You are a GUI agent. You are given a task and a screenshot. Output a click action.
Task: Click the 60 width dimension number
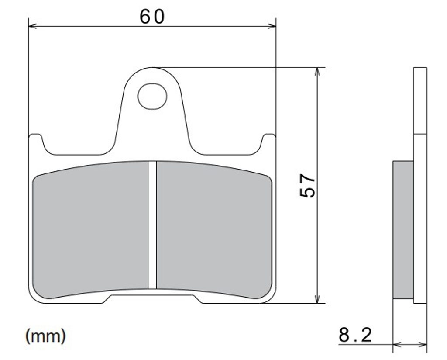pos(152,17)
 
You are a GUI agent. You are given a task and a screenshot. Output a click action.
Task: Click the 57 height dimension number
pos(308,186)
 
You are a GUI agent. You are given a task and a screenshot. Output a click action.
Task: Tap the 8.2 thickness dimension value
pos(355,335)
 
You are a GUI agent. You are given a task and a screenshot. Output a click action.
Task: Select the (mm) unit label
pos(45,336)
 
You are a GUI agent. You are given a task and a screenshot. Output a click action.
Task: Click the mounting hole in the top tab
pos(152,96)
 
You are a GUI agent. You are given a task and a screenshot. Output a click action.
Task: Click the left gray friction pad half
pos(90,230)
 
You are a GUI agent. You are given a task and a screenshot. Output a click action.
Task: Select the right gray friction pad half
pos(214,230)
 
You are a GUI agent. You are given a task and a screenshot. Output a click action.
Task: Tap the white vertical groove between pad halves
pos(152,225)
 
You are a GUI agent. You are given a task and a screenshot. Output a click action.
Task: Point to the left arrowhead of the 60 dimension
pos(33,26)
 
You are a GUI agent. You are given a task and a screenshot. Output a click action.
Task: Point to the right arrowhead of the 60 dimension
pos(272,26)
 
